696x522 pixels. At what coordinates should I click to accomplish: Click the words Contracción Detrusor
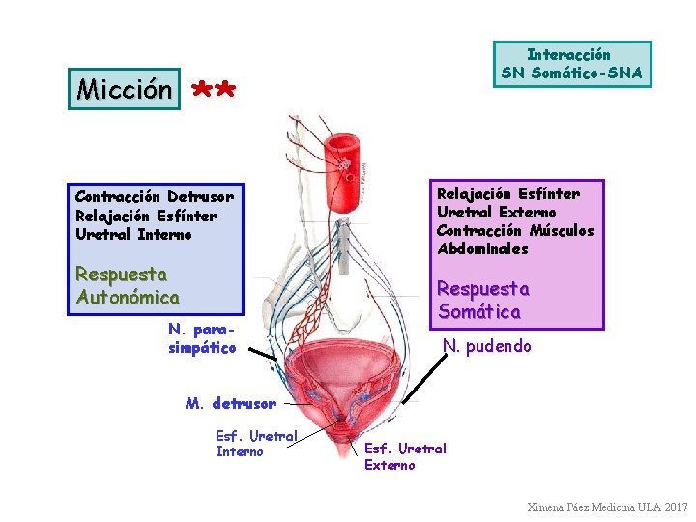pos(154,196)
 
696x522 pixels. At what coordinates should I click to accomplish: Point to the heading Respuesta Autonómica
pos(127,285)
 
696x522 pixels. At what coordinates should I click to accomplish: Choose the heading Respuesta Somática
pos(483,300)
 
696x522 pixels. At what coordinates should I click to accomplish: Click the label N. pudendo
pos(487,346)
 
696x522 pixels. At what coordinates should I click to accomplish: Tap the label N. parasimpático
pos(201,338)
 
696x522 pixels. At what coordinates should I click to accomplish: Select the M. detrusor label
pos(230,403)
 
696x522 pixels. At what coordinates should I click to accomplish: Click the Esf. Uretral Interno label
pos(255,444)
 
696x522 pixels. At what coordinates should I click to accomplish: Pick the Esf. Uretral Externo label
pos(405,456)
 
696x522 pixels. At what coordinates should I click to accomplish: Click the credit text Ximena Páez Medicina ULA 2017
pos(607,507)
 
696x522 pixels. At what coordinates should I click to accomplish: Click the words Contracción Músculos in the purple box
pos(515,230)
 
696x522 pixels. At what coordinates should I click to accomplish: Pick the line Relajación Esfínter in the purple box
pos(507,194)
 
